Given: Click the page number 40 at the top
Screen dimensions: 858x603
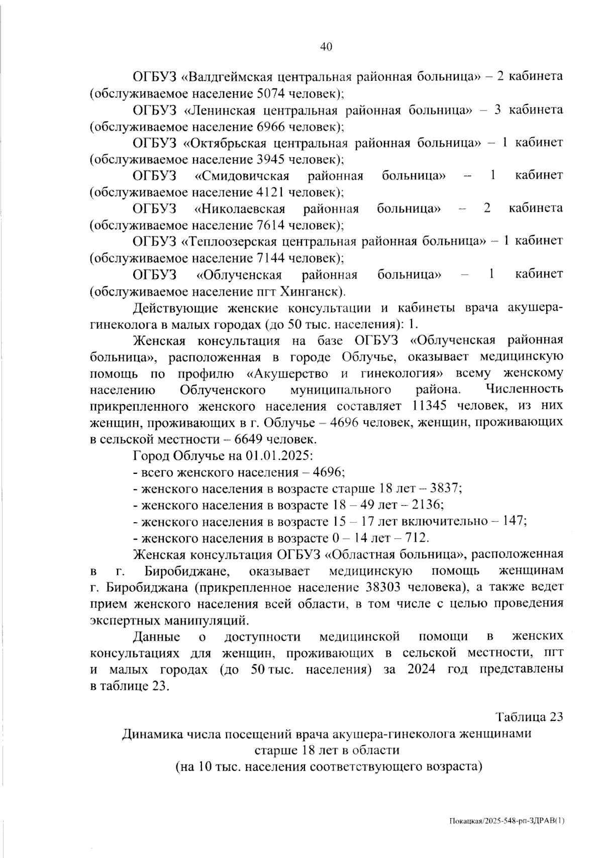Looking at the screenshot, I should (x=326, y=47).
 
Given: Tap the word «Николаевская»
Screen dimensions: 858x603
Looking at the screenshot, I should (x=240, y=209).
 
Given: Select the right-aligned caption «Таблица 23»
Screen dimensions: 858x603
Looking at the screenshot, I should (x=529, y=717).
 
